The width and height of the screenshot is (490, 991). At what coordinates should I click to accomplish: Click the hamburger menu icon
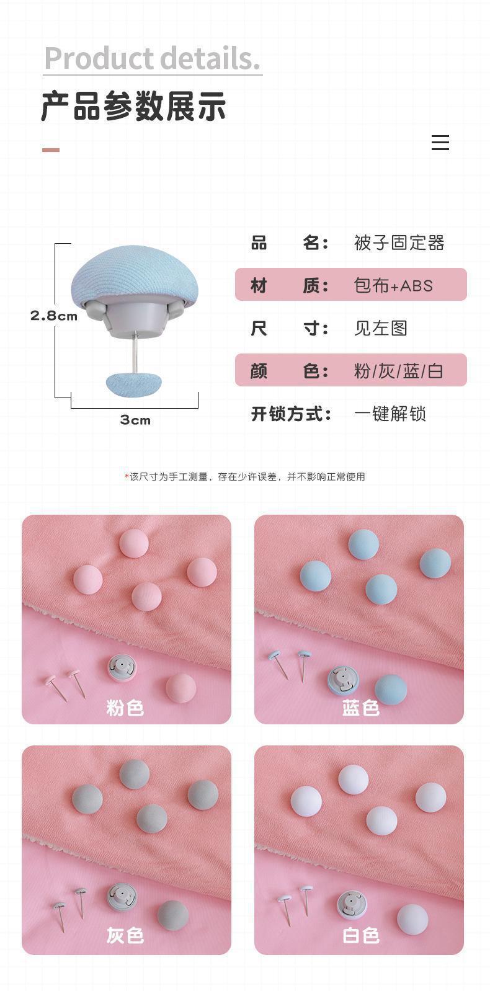coord(440,143)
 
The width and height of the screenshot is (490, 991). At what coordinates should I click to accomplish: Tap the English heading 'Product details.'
coord(152,58)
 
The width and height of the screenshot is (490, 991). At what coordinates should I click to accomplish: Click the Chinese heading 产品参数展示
coord(133,106)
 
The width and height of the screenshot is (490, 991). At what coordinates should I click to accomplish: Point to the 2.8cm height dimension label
coord(54,316)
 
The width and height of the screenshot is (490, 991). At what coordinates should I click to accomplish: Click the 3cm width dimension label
coord(135,420)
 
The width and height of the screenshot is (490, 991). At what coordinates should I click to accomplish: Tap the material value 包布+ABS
coord(393,285)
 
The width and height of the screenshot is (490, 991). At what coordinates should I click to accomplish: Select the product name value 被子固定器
coord(399,242)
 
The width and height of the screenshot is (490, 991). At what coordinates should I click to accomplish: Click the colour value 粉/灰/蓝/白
coord(398,371)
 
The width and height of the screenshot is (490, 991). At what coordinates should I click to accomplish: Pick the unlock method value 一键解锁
coord(390,414)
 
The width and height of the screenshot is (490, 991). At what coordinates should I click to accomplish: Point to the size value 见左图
coord(380,328)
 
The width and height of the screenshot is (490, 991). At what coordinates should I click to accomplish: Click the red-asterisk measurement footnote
coord(245,477)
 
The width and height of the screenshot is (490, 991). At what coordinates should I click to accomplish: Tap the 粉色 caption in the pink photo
coord(125,708)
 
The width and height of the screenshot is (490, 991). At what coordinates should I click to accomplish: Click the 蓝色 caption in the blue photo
coord(360,708)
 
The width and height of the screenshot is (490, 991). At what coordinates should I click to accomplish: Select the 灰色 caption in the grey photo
coord(125,935)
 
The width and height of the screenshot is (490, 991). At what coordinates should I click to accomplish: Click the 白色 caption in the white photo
coord(360,935)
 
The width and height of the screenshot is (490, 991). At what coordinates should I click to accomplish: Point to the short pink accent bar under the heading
coord(51,149)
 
